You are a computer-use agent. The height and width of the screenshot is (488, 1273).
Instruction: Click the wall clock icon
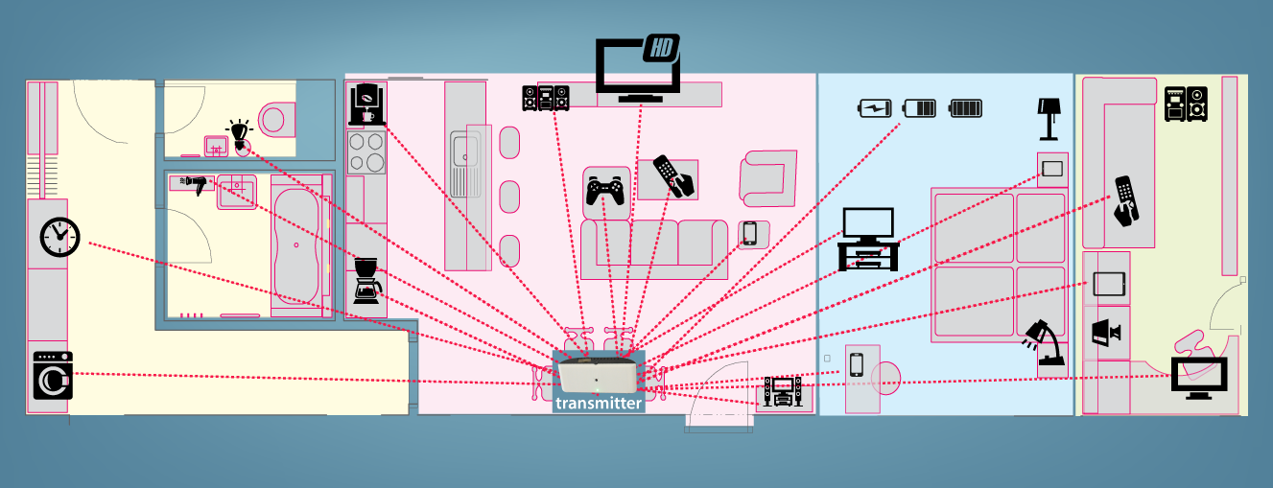pyautogui.click(x=59, y=237)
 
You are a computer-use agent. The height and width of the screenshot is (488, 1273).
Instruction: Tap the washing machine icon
pyautogui.click(x=53, y=375)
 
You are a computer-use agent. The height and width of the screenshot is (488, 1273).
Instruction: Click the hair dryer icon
pyautogui.click(x=195, y=185)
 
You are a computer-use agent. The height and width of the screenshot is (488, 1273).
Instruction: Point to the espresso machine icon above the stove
pyautogui.click(x=366, y=105)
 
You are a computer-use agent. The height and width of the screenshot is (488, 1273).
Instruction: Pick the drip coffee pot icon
pyautogui.click(x=367, y=281)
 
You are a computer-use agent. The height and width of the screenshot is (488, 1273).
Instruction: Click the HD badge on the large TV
pyautogui.click(x=661, y=48)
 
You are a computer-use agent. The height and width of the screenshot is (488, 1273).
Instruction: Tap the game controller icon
pyautogui.click(x=605, y=191)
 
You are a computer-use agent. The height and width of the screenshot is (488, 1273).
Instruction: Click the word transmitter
pyautogui.click(x=599, y=404)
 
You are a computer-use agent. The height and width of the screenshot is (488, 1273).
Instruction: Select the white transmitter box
pyautogui.click(x=598, y=374)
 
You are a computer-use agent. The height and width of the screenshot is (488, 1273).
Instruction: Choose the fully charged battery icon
pyautogui.click(x=966, y=108)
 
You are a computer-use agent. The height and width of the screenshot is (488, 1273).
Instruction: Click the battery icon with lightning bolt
pyautogui.click(x=875, y=108)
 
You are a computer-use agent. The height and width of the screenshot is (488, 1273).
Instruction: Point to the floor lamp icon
pyautogui.click(x=1049, y=119)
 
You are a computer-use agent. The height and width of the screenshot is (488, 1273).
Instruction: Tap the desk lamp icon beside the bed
pyautogui.click(x=1042, y=342)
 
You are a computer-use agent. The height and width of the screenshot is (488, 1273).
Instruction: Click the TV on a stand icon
pyautogui.click(x=868, y=239)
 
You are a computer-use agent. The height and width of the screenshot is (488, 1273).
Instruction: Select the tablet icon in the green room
pyautogui.click(x=1109, y=284)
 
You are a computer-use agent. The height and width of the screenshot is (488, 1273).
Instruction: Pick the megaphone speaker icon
pyautogui.click(x=1105, y=333)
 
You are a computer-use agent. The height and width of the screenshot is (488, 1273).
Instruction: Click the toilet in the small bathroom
pyautogui.click(x=276, y=120)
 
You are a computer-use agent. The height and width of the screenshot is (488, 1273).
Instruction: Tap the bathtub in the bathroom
pyautogui.click(x=296, y=245)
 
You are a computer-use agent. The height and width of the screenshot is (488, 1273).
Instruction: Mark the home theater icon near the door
pyautogui.click(x=783, y=391)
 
